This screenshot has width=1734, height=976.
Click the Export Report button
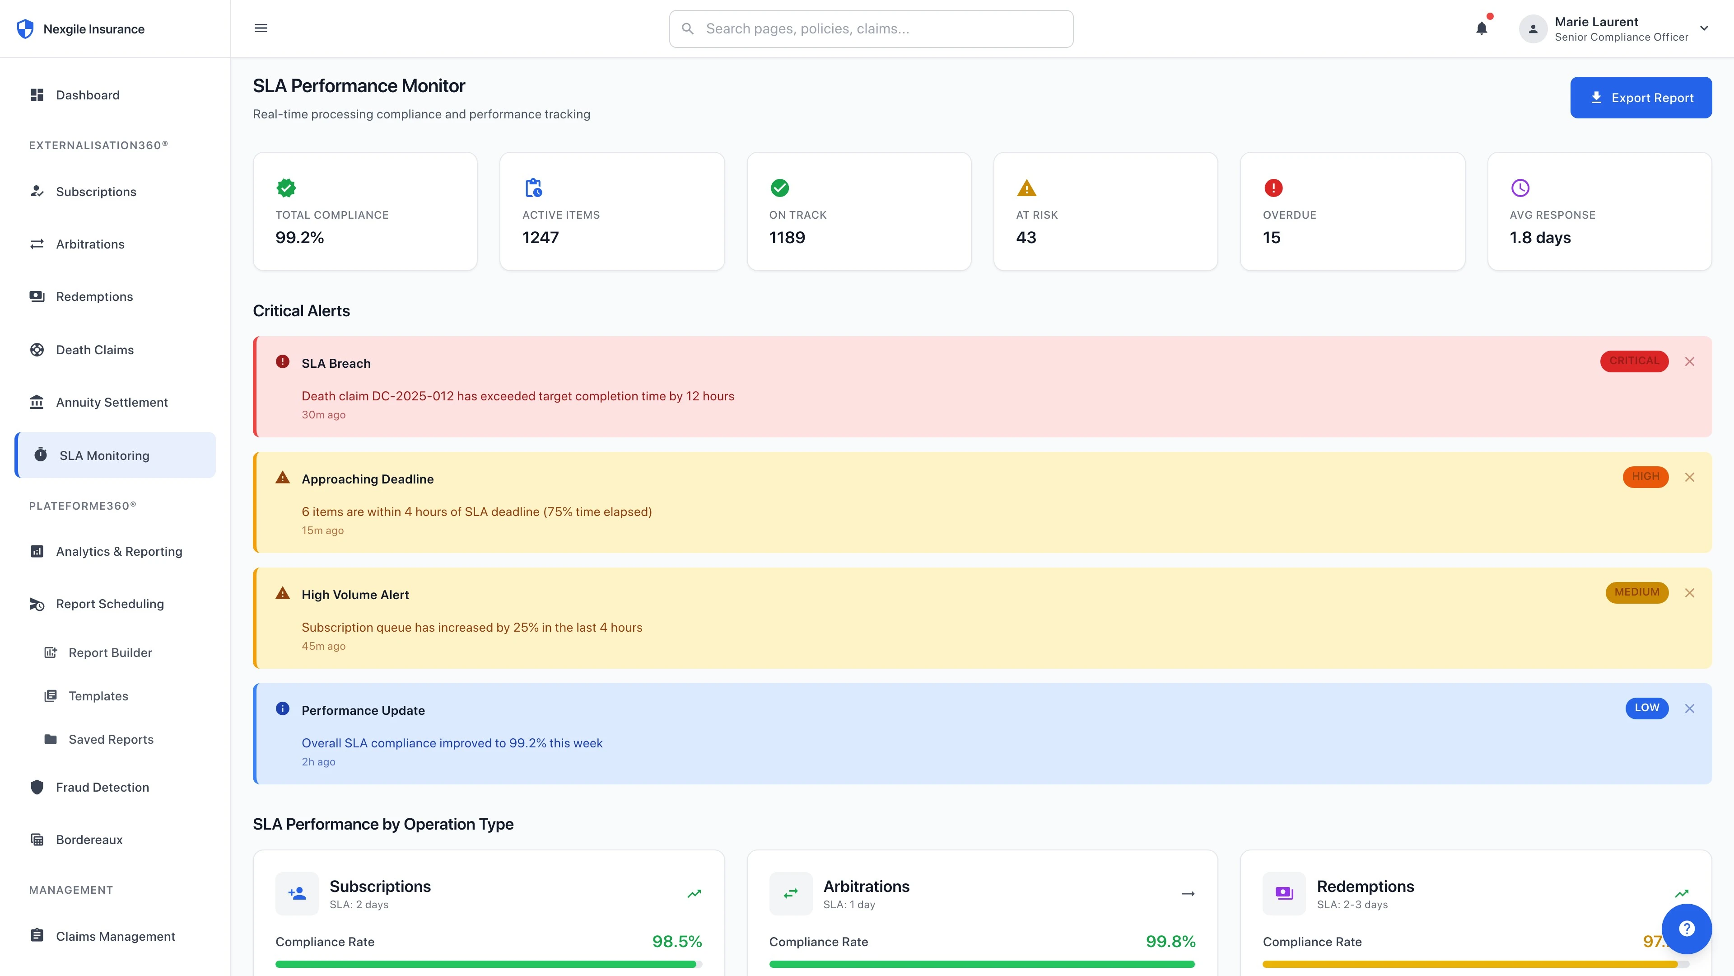point(1641,98)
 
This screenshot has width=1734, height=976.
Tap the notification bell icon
point(1482,28)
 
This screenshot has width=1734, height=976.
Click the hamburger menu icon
point(261,28)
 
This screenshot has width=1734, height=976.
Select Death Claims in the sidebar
point(94,350)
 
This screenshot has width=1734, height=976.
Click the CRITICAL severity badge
point(1634,361)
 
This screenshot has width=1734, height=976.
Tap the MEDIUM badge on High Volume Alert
point(1636,592)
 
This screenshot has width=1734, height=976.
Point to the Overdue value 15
point(1271,238)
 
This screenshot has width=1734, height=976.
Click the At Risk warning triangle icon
point(1026,188)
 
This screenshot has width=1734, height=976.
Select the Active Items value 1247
point(540,238)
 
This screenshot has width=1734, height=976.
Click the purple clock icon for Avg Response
point(1520,188)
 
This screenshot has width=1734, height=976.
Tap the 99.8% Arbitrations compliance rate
point(1170,942)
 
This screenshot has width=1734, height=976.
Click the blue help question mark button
point(1686,929)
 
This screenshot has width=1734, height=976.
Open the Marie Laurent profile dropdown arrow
point(1704,28)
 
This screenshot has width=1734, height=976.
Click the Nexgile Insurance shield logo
point(25,29)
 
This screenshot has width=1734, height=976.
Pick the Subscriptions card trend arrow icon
point(694,894)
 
